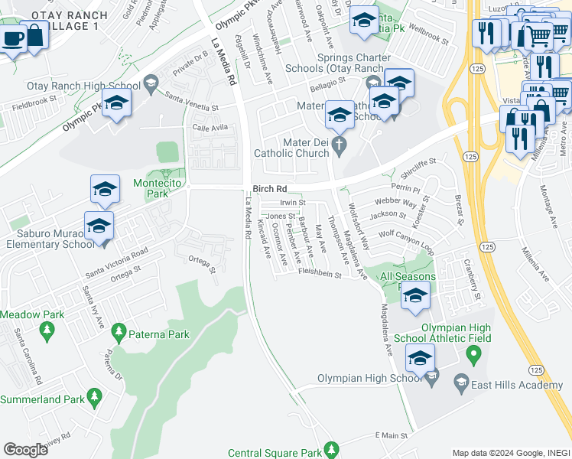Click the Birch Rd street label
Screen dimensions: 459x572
coord(271,188)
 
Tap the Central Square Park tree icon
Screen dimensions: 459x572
coord(331,448)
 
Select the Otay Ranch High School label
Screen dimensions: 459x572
coord(83,86)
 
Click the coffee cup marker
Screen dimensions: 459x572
coord(12,38)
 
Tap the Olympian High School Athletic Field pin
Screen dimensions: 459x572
coord(473,353)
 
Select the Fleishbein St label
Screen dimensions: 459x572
coord(319,271)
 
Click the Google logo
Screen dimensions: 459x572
coord(26,449)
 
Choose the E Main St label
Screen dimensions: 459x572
coord(392,435)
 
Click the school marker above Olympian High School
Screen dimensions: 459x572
coord(420,358)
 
